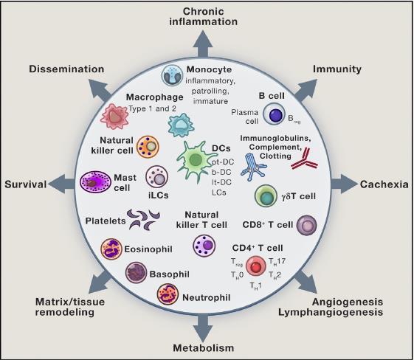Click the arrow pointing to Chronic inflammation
pos(203,44)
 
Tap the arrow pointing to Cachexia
pos(344,184)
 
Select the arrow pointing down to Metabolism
pos(203,328)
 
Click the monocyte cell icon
pos(172,75)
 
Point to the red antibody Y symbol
pos(305,159)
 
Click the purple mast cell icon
pos(95,182)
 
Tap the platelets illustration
pos(144,219)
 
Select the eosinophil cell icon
pos(111,249)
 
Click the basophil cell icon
pos(136,272)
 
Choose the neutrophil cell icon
pos(168,294)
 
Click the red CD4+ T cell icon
pos(255,266)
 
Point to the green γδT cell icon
pos(266,196)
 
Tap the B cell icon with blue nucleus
pos(275,114)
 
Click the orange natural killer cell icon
pos(148,147)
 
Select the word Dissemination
pos(66,69)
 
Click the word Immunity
pos(337,69)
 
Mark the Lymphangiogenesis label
pos(331,313)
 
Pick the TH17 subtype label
pos(277,262)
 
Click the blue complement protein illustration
pos(254,167)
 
